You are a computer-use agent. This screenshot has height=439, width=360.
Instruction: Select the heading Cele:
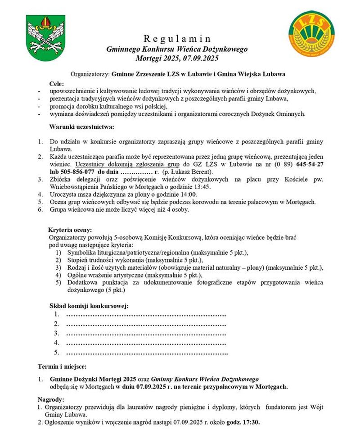point(57,83)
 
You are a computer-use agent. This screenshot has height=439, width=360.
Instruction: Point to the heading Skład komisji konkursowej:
point(89,306)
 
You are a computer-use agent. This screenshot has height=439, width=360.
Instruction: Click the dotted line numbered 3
point(146,334)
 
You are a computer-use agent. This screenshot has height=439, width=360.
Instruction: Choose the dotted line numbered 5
point(147,353)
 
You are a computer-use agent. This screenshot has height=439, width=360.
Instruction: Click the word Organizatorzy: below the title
point(90,73)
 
